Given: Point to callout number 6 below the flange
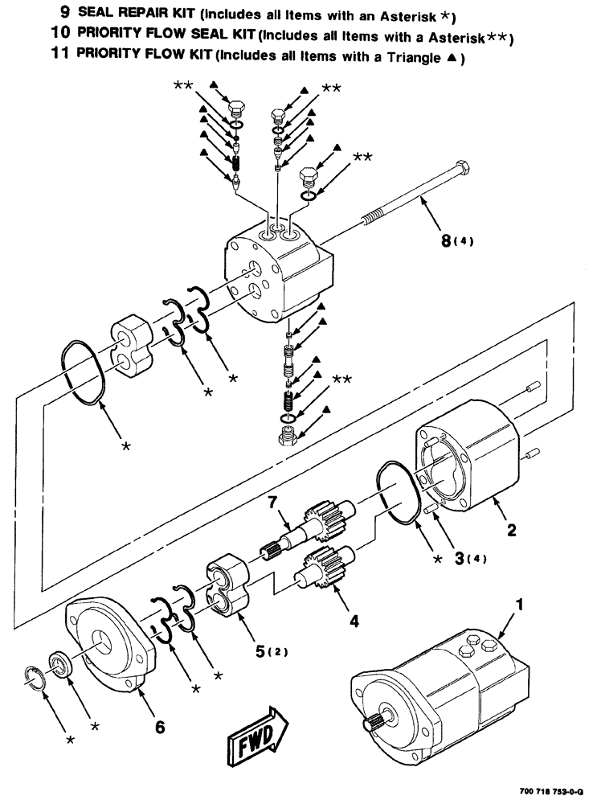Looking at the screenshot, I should (160, 727).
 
